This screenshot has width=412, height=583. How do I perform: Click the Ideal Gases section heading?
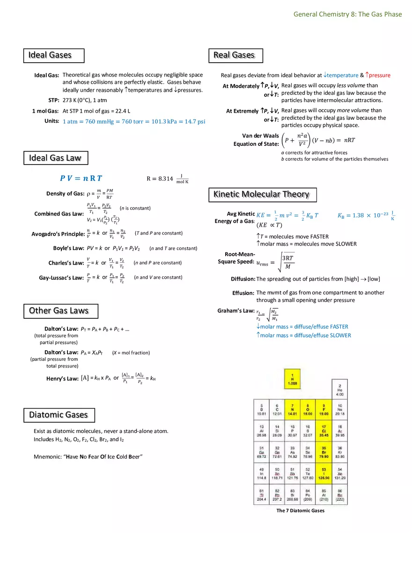point(53,55)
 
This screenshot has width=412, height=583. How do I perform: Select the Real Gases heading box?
point(235,55)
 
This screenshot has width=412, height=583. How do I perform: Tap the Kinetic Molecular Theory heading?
point(262,194)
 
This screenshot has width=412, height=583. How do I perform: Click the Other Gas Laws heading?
point(61,311)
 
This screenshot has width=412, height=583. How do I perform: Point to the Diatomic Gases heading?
point(59,415)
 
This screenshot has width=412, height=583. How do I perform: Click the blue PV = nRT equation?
point(81,178)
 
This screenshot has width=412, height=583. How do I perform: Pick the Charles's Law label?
point(66,263)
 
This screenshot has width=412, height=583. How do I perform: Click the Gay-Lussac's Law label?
point(61,278)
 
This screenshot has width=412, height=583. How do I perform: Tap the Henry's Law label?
point(62,379)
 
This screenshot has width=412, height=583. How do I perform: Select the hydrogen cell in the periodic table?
point(293,379)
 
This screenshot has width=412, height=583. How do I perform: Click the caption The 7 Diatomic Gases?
point(300,511)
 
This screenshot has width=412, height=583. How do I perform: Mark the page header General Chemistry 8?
point(347,14)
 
